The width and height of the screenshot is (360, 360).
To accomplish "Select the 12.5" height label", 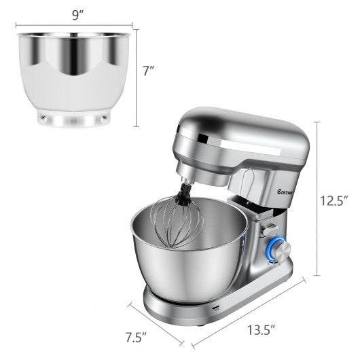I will pyautogui.click(x=337, y=200).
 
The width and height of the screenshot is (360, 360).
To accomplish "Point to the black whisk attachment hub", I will pyautogui.click(x=183, y=197).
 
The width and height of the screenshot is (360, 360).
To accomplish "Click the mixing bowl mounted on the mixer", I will pyautogui.click(x=187, y=258).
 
